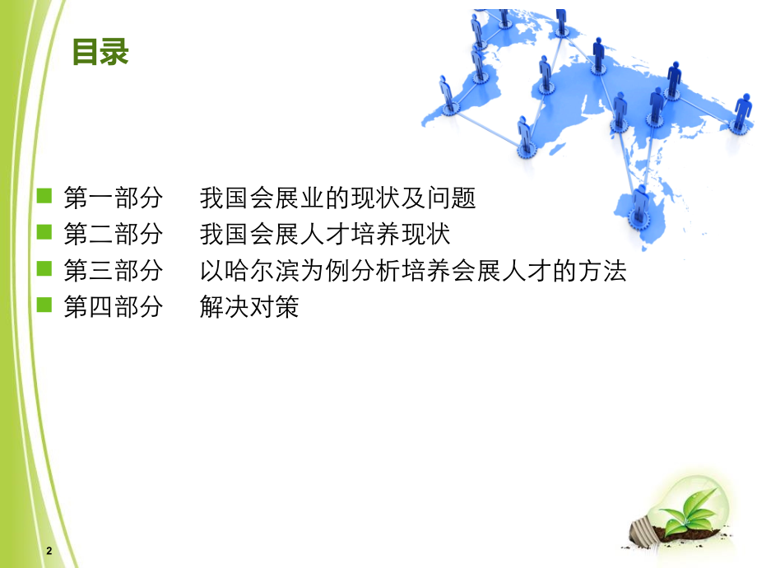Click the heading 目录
[x=100, y=53]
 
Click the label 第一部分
[x=114, y=198]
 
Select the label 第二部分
[x=114, y=235]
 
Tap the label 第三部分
[x=114, y=271]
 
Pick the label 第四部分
[x=114, y=308]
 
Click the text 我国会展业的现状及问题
[x=338, y=198]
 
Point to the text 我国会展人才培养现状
[x=325, y=235]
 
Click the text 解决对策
[x=249, y=308]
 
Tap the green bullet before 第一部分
[x=44, y=197]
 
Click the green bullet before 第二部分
[x=44, y=233]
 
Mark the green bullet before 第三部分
[x=44, y=269]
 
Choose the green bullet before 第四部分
[x=44, y=306]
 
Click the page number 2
[x=49, y=551]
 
